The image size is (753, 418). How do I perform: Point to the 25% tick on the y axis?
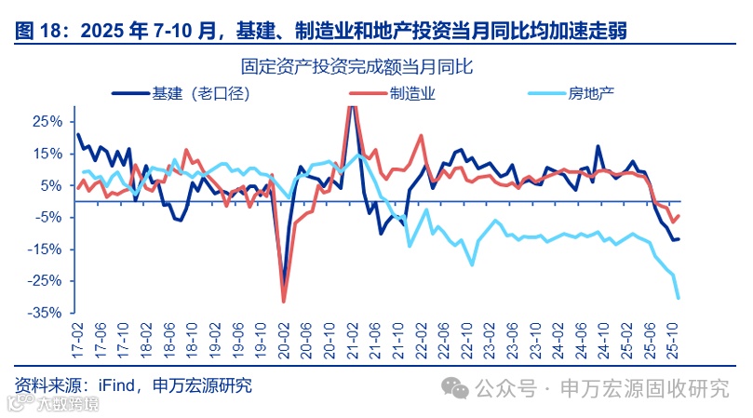[x=47, y=122]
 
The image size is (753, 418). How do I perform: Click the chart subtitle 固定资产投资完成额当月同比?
[x=357, y=66]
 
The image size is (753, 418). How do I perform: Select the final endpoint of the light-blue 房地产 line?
[x=679, y=298]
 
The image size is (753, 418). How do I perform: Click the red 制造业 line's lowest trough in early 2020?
[x=284, y=301]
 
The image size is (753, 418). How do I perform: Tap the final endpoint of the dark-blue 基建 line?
[x=679, y=239]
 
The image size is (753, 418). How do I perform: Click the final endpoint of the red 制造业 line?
[x=679, y=216]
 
